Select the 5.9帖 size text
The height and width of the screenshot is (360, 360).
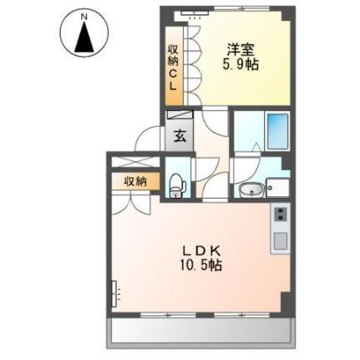(240, 65)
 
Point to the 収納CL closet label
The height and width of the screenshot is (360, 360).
(173, 66)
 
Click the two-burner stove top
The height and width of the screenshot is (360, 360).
(279, 215)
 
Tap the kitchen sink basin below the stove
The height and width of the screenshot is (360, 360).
(279, 242)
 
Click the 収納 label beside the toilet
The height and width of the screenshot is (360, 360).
(135, 180)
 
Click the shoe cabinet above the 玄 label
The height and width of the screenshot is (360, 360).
(179, 118)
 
